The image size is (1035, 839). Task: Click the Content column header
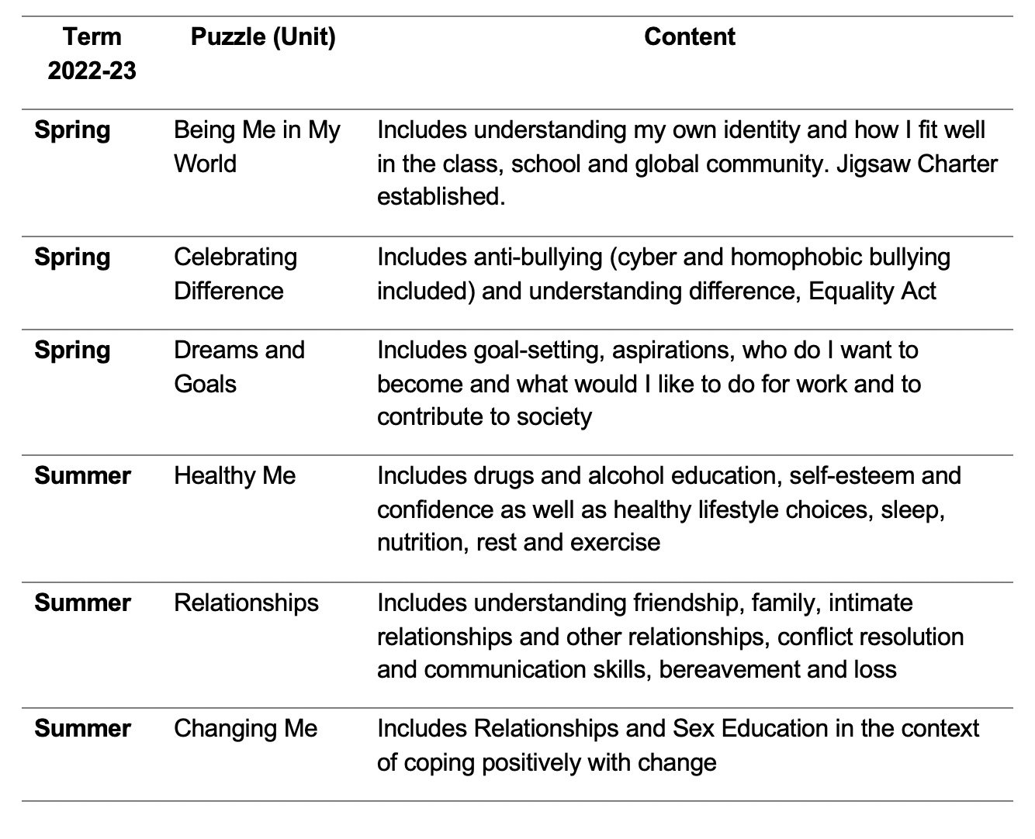point(689,36)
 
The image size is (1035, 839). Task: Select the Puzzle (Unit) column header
point(263,36)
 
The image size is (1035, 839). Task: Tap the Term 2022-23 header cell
point(92,54)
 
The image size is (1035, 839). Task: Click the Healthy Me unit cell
point(234,475)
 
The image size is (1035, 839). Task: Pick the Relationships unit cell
point(246,602)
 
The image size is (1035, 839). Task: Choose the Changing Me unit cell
point(245,728)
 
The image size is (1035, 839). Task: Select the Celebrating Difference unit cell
point(235,274)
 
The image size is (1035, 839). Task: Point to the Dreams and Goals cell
point(239,367)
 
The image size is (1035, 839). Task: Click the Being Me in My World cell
point(257,147)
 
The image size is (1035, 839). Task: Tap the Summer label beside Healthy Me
point(82,475)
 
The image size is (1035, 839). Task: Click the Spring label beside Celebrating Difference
point(72,257)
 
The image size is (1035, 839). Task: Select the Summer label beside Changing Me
point(82,728)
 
